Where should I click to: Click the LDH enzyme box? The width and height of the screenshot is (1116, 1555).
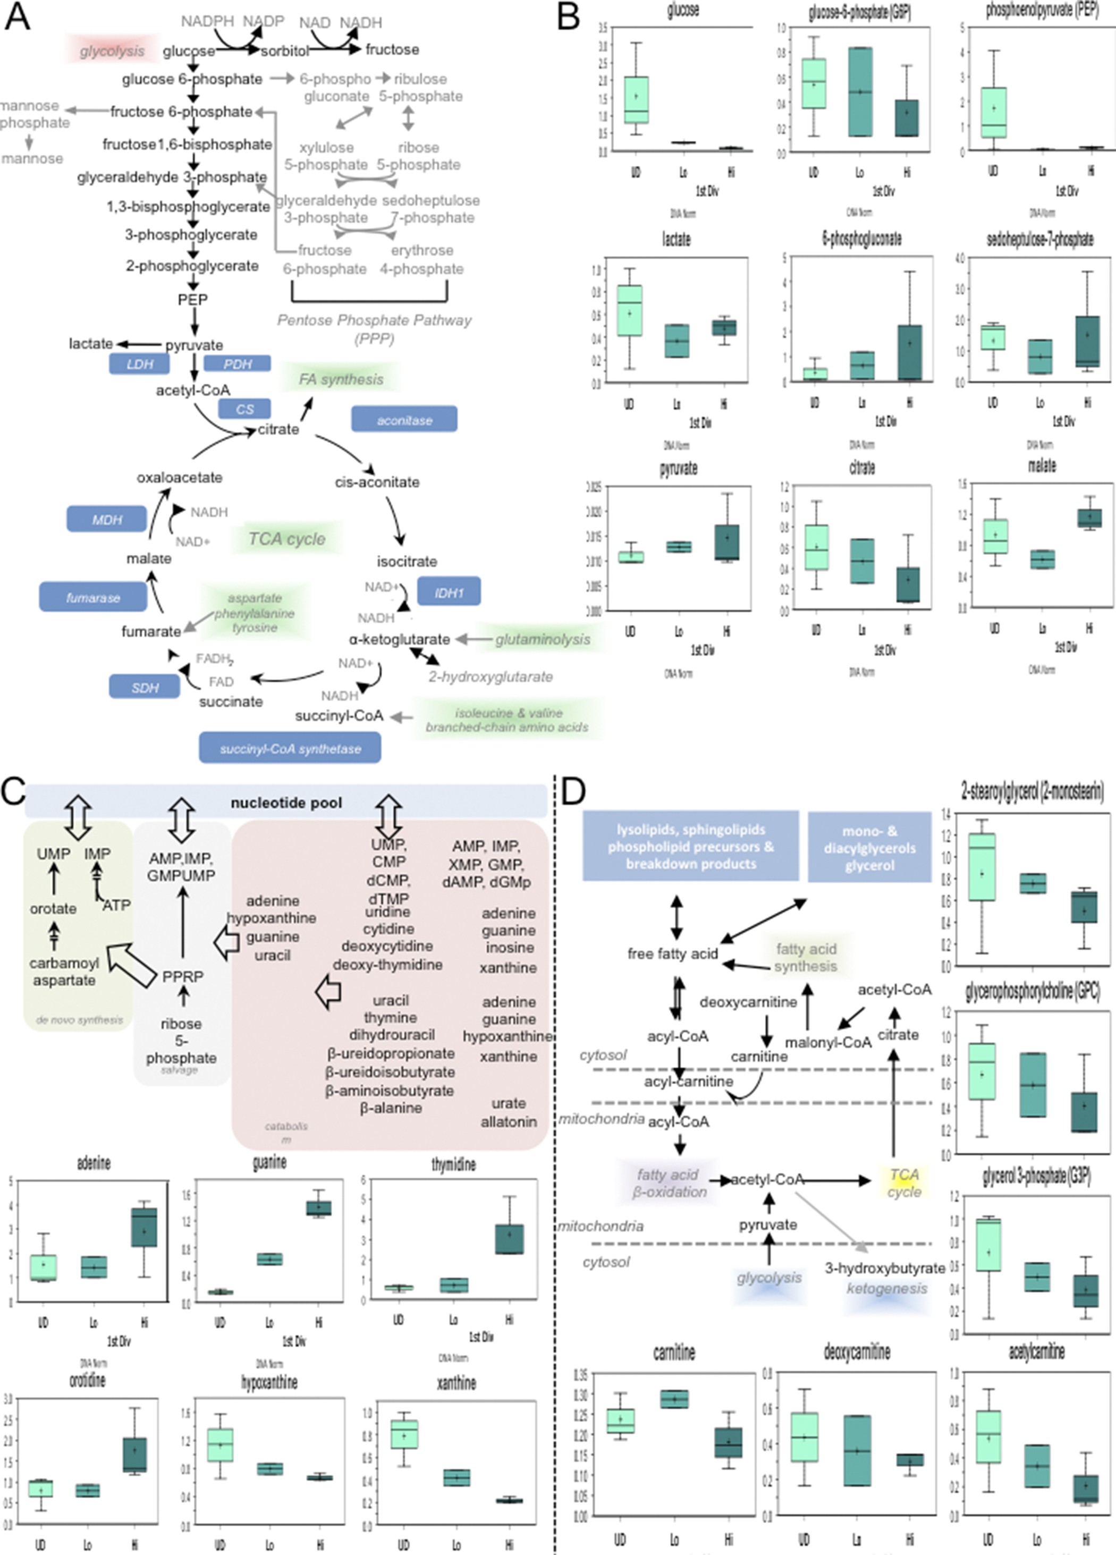(x=139, y=364)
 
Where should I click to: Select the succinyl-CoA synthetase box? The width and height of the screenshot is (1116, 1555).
(x=290, y=748)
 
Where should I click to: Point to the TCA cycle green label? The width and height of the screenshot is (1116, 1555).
(x=286, y=539)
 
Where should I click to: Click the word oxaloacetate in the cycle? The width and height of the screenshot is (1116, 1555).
(x=180, y=477)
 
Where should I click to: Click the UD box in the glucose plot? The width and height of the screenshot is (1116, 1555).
(x=636, y=100)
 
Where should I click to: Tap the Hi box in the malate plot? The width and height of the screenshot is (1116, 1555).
(x=1088, y=518)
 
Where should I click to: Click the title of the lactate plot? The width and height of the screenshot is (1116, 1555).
(x=676, y=239)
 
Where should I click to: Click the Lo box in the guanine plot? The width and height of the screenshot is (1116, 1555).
(x=269, y=1260)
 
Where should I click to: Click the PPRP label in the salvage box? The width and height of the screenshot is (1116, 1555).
(x=182, y=976)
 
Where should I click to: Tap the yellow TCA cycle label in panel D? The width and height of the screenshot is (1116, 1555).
(x=904, y=1184)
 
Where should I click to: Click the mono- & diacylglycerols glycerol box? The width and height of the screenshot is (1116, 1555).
(x=869, y=848)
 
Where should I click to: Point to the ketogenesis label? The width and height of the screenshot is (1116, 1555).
(x=886, y=1288)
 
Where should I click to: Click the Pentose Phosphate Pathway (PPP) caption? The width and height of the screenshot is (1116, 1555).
(x=374, y=329)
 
